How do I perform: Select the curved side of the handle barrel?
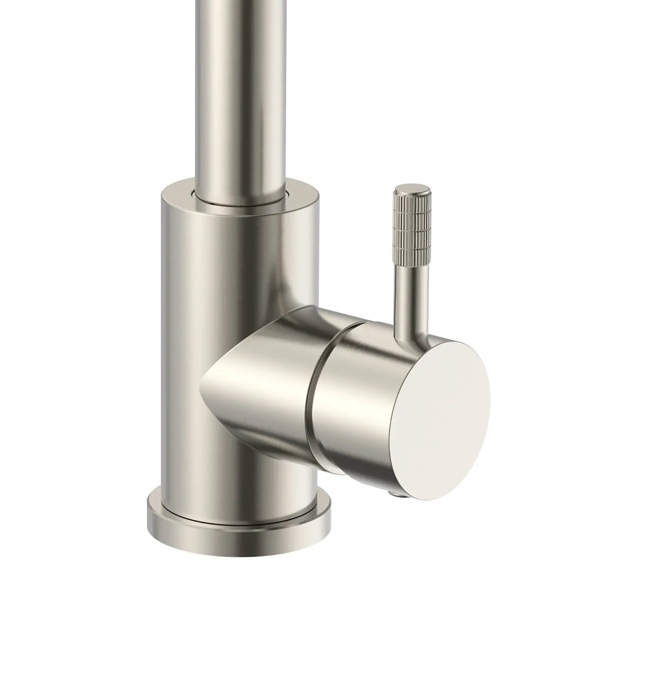click(351, 399)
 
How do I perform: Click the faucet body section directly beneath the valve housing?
click(239, 471)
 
